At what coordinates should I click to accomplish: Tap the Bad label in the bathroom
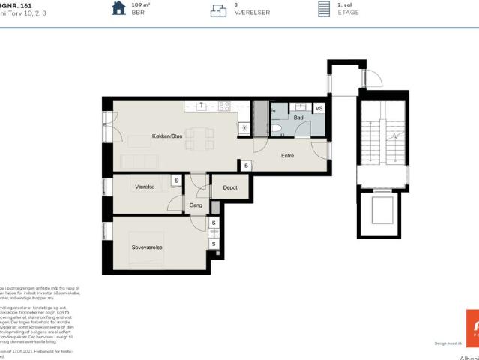(x=298, y=118)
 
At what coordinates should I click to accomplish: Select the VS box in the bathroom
(x=319, y=108)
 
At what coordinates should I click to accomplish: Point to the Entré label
(x=287, y=156)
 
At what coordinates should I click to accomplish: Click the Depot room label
(x=230, y=187)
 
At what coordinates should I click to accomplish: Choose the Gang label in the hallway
(x=196, y=205)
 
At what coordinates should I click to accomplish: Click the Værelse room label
(x=145, y=186)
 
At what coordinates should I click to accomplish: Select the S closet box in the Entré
(x=246, y=165)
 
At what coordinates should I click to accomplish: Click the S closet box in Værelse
(x=175, y=180)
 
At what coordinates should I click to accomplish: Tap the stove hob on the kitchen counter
(x=223, y=106)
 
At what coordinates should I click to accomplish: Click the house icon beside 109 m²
(x=118, y=8)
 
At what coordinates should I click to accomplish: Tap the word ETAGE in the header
(x=349, y=13)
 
